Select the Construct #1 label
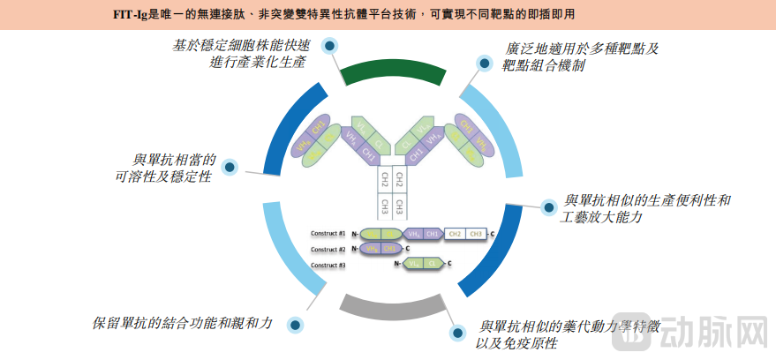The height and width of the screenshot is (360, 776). [328, 234]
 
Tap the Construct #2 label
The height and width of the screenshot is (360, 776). [328, 249]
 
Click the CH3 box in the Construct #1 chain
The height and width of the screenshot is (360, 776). [476, 234]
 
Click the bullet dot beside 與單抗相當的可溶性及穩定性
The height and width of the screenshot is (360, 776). [229, 167]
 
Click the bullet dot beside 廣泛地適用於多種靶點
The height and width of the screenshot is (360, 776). [484, 64]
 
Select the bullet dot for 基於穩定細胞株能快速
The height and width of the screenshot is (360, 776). [329, 46]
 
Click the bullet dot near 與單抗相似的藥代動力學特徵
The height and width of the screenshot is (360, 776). [456, 333]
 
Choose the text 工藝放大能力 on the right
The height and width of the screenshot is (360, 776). [600, 217]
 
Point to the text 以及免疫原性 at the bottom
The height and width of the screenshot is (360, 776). [516, 343]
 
